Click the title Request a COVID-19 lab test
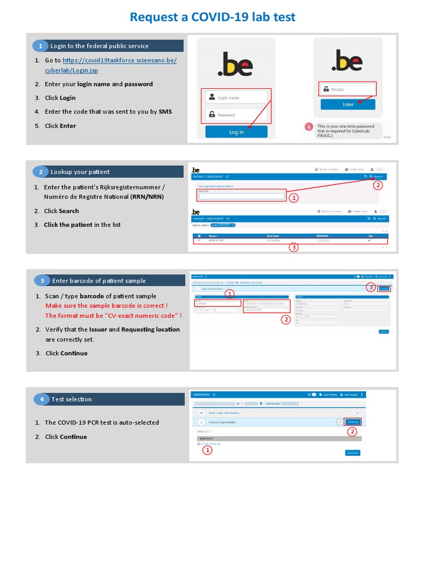(x=212, y=17)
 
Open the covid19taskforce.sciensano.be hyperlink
(x=119, y=60)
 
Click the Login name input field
(x=236, y=97)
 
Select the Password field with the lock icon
(x=236, y=115)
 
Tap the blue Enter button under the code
(x=348, y=104)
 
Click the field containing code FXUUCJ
(x=348, y=89)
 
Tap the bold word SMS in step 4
(x=165, y=112)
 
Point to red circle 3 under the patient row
(x=293, y=248)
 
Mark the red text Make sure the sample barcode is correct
(x=106, y=306)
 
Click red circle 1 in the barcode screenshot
(x=230, y=294)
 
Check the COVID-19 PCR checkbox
(x=199, y=444)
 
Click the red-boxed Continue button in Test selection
(x=352, y=422)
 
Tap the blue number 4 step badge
(x=42, y=399)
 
